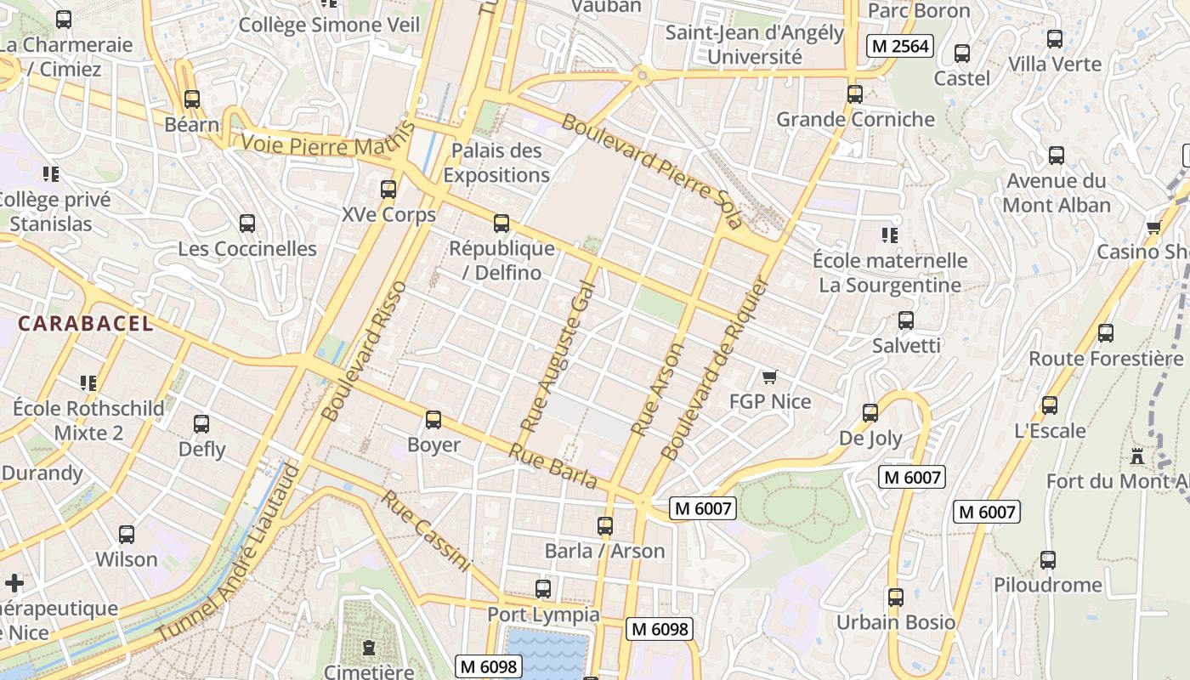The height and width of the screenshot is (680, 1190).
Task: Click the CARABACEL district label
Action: point(85,324)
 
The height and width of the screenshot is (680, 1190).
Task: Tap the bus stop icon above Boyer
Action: point(433,420)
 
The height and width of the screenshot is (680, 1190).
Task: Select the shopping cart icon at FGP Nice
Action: point(769,377)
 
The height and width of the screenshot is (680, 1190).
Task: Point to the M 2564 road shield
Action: point(900,46)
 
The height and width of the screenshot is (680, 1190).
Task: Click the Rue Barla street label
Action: point(553,467)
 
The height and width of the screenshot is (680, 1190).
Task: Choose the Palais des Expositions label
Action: point(496,163)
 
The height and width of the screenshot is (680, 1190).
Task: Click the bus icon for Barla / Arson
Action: point(605,526)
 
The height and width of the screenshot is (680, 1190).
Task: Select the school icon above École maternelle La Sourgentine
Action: point(890,235)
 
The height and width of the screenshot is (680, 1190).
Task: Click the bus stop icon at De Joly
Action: point(870,413)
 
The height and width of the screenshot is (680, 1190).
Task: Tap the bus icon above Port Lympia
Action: point(543,589)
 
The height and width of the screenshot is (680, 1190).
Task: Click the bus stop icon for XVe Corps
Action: point(388,190)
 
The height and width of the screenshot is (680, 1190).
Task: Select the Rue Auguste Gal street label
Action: point(555,355)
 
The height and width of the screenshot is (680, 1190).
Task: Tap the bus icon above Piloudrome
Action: point(1048,560)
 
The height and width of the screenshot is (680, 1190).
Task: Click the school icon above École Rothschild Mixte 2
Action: point(88,383)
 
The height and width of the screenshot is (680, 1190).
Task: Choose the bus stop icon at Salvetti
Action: point(906,320)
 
